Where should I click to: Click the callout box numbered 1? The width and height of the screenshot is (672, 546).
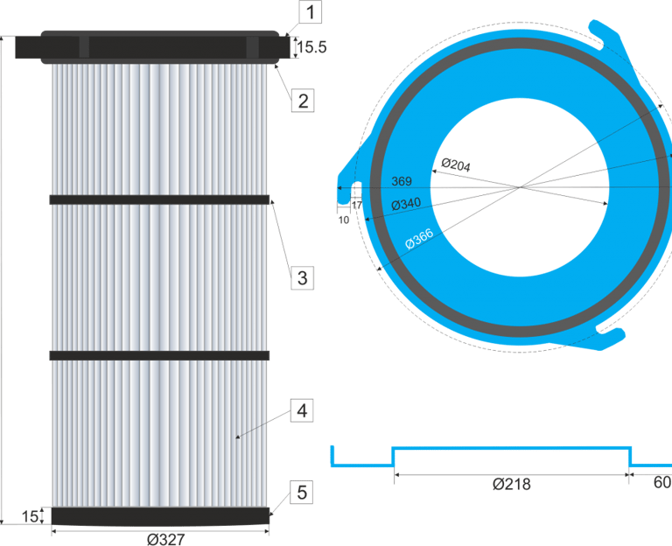(x=311, y=12)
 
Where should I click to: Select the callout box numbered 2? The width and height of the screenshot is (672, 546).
(x=303, y=101)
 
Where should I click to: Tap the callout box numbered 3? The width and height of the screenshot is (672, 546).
(x=302, y=278)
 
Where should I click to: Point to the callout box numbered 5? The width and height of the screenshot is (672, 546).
(x=302, y=493)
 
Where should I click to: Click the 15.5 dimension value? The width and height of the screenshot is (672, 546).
(x=311, y=48)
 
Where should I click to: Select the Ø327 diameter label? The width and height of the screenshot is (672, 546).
(x=165, y=538)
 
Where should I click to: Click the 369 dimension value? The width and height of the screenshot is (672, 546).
(x=402, y=181)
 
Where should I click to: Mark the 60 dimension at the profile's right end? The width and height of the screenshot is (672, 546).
(x=662, y=484)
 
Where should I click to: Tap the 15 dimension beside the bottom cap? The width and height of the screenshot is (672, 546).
(x=30, y=517)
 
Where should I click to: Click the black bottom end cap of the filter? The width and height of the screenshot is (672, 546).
(x=160, y=516)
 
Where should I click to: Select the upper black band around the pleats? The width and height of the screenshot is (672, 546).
(x=160, y=199)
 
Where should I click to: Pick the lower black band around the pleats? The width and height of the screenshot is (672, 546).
(x=160, y=355)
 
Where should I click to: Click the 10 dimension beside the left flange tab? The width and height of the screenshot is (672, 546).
(x=343, y=220)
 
